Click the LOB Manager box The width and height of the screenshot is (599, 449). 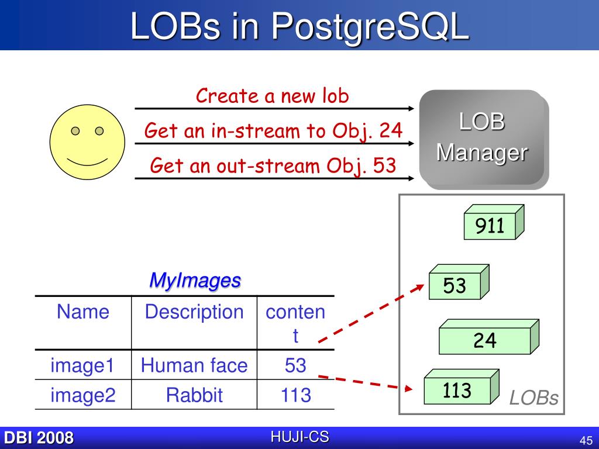click(x=481, y=138)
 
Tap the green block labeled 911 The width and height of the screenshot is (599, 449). click(x=490, y=226)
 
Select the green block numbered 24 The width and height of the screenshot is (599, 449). click(x=485, y=340)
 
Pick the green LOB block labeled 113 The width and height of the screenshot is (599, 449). click(x=457, y=391)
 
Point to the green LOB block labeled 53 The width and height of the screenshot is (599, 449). click(x=455, y=286)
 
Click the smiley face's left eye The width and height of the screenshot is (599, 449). click(x=75, y=131)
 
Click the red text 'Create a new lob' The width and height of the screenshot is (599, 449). click(x=272, y=96)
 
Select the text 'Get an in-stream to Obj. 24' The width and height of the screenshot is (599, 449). click(x=273, y=130)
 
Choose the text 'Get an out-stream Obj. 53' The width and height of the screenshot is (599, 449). click(x=273, y=165)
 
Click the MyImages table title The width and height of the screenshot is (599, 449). click(x=195, y=280)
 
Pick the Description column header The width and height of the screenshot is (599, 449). click(x=194, y=312)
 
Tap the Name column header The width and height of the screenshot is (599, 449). click(x=83, y=312)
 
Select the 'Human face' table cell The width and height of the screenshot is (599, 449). click(x=194, y=365)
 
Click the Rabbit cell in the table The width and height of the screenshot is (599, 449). click(x=194, y=395)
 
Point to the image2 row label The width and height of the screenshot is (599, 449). click(x=83, y=395)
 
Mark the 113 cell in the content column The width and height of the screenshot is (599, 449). click(x=295, y=395)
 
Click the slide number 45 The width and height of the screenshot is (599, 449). click(x=586, y=440)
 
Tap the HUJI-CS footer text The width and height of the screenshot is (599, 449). click(x=299, y=437)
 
